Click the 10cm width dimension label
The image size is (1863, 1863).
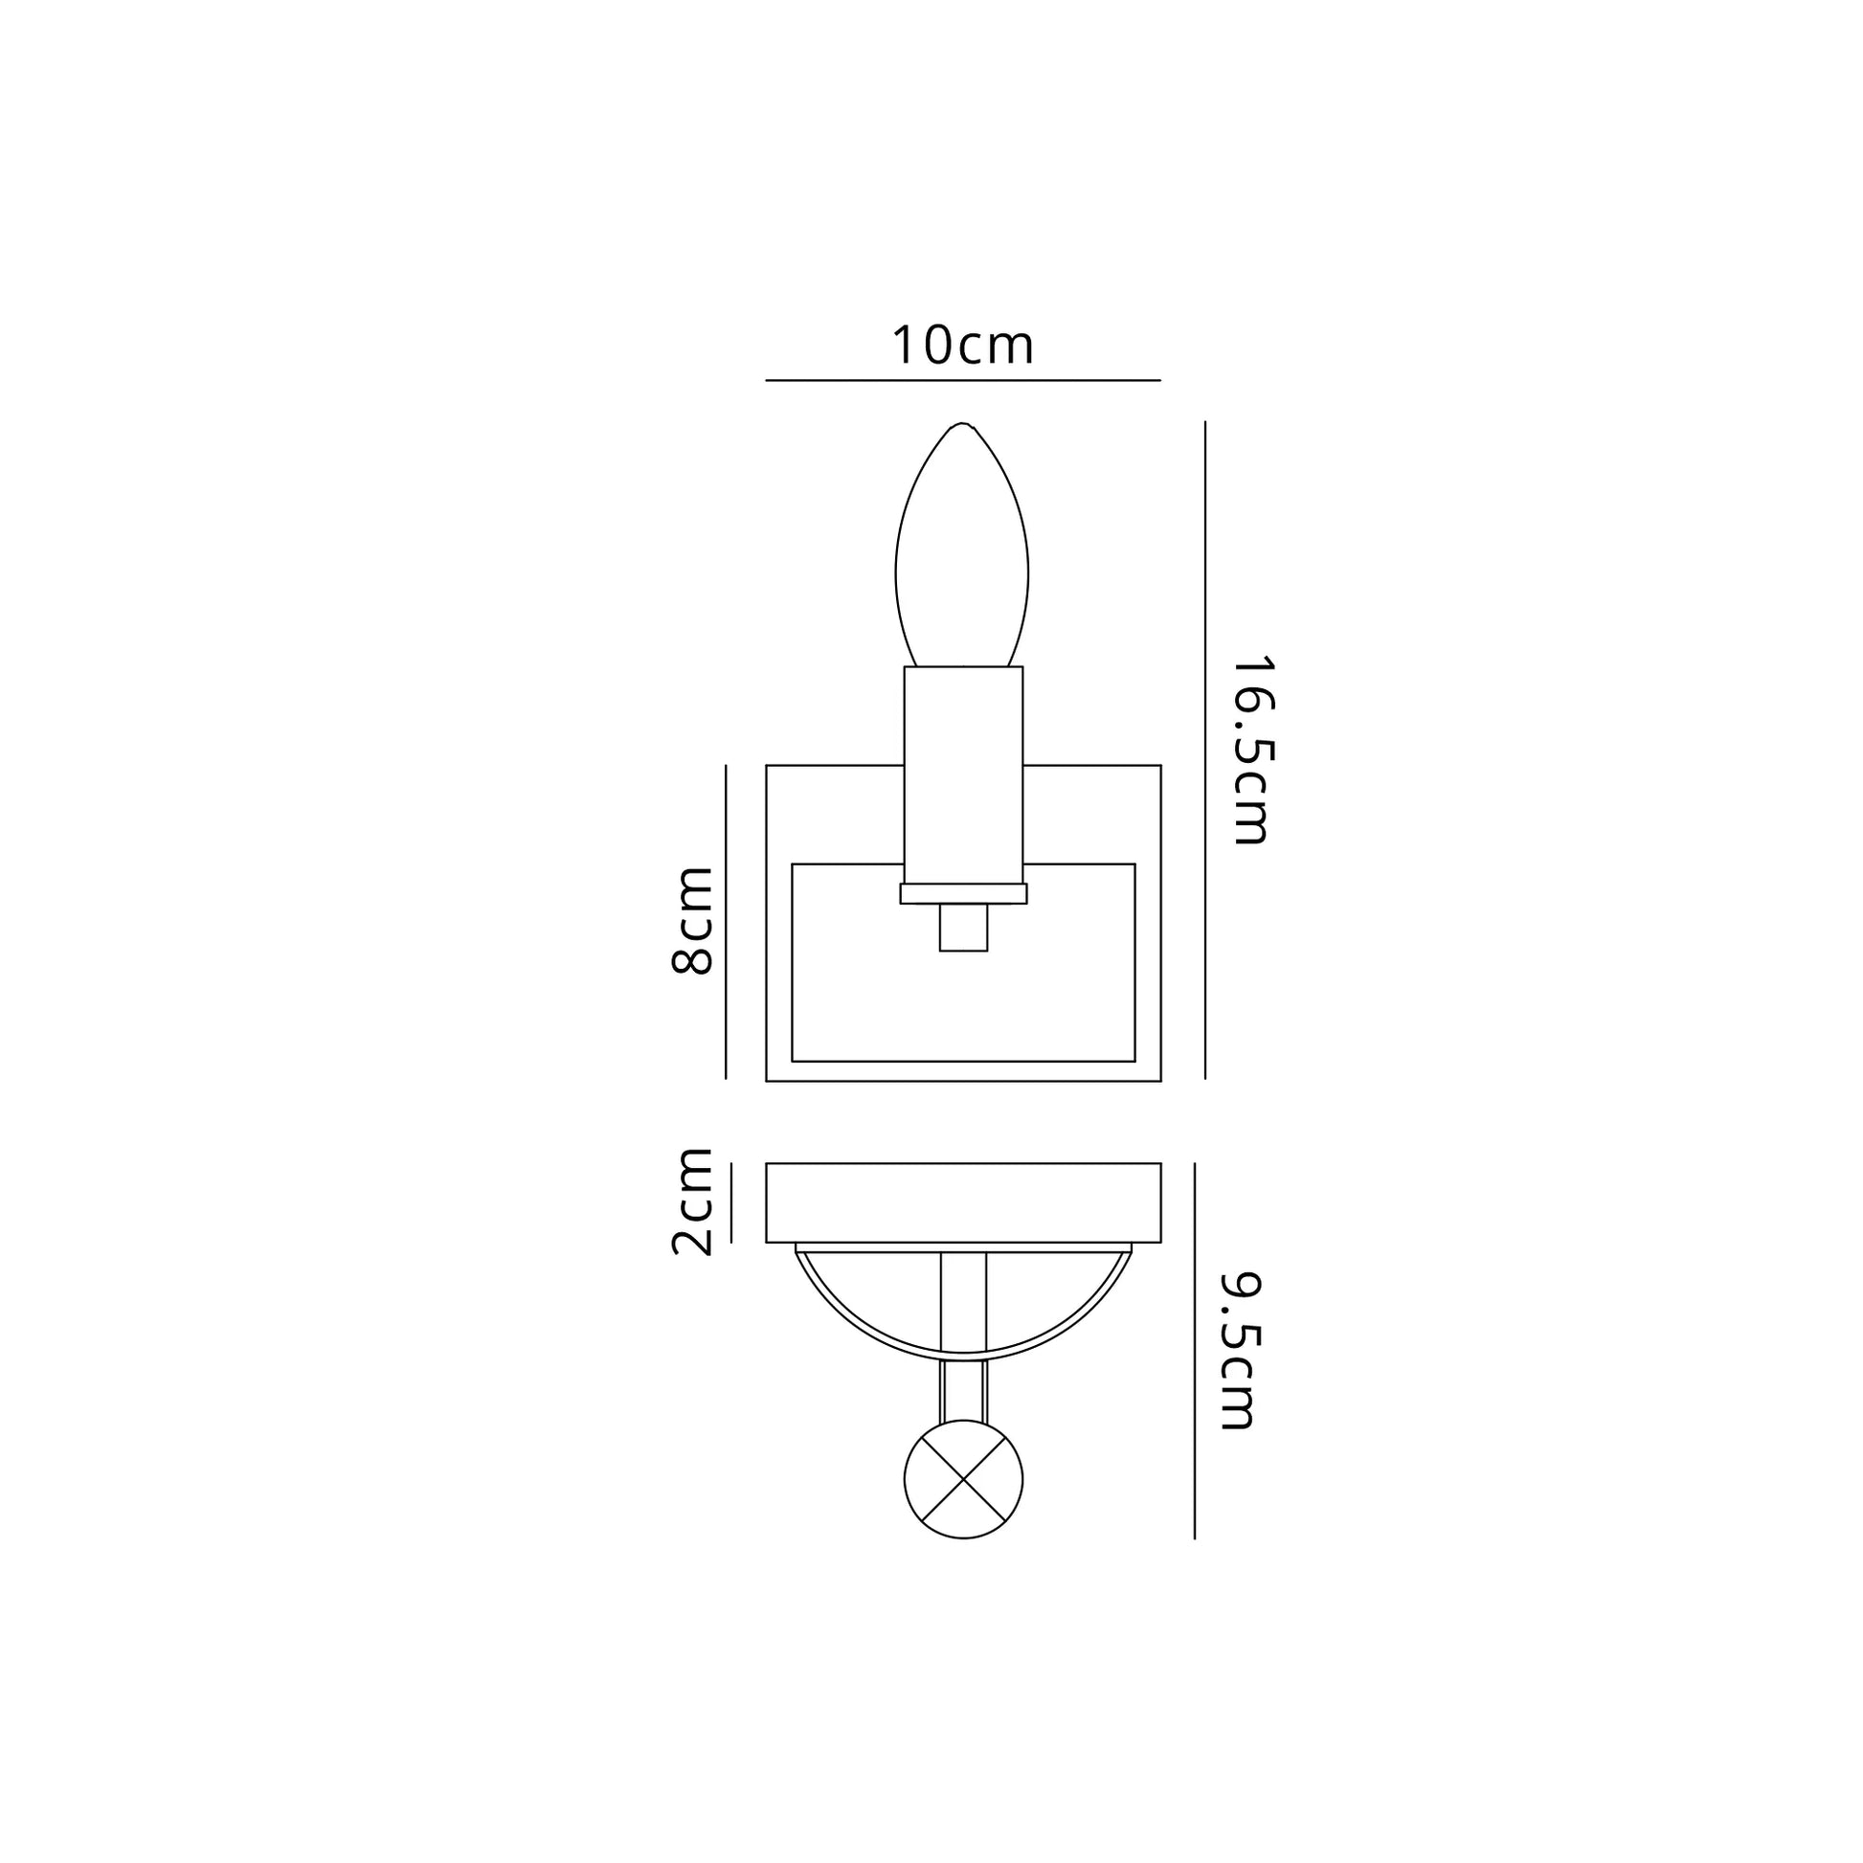coord(962,346)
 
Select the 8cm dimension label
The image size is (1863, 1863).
coord(692,920)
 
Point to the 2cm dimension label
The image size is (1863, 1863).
coord(691,1201)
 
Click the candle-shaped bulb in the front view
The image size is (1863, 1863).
coord(961,545)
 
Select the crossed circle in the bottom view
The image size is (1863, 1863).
coord(963,1479)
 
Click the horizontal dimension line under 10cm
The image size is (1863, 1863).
coord(962,381)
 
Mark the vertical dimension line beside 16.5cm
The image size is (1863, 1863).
coord(1205,750)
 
